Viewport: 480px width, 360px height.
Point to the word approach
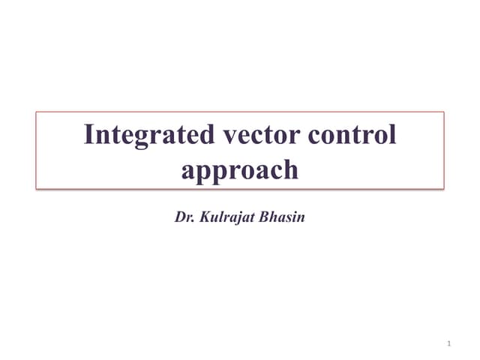(x=240, y=170)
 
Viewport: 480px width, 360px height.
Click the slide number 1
(x=448, y=343)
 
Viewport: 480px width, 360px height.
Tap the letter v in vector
(x=229, y=136)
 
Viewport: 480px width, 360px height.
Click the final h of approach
(x=290, y=169)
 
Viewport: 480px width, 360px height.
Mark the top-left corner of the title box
(x=36, y=112)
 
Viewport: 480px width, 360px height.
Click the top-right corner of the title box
(x=444, y=112)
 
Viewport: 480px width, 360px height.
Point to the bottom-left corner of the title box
(x=36, y=188)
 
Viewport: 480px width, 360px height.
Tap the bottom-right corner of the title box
(x=444, y=188)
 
